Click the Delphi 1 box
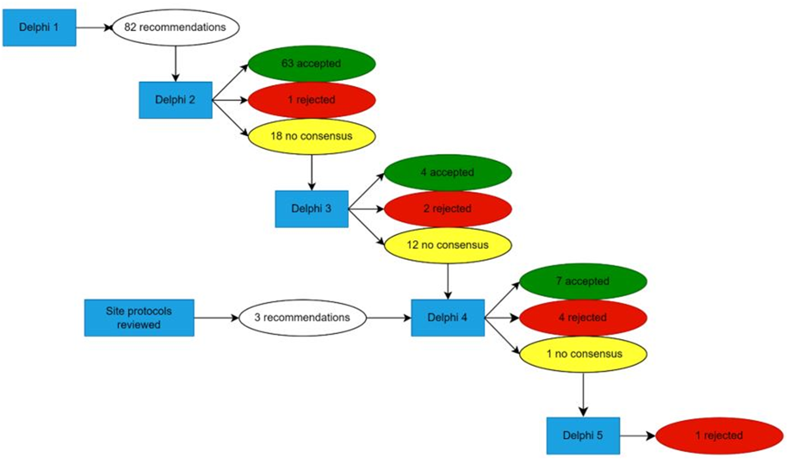[39, 28]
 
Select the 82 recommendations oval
[176, 28]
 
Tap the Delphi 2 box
[175, 100]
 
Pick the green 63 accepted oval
[312, 64]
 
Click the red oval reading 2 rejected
[448, 209]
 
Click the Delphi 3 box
[312, 209]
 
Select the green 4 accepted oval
[448, 172]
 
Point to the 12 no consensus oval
[448, 245]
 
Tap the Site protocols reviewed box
[139, 318]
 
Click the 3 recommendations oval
[302, 318]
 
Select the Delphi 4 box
[448, 318]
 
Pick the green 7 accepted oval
[583, 281]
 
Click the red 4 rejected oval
[583, 318]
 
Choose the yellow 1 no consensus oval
[583, 354]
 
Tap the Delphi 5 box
[583, 436]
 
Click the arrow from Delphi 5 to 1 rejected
[637, 436]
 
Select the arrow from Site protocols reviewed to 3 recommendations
[216, 318]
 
